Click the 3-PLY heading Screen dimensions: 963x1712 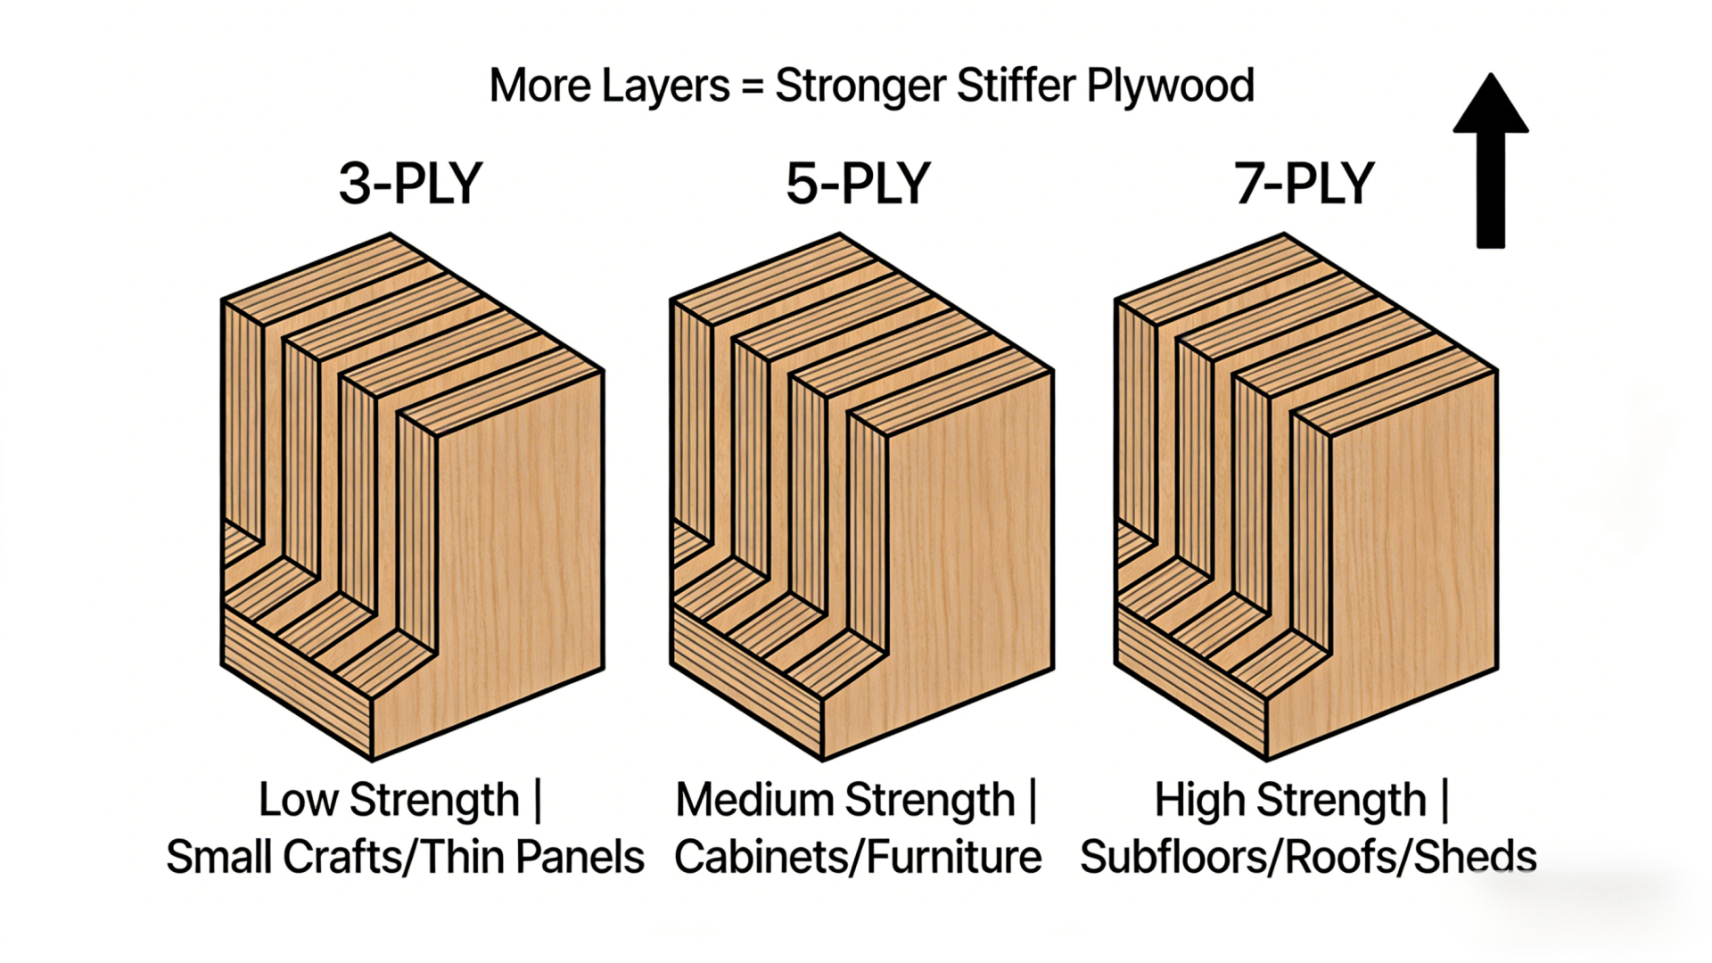[x=410, y=184]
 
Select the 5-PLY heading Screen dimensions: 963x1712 [x=858, y=184]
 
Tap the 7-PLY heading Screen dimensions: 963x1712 [x=1304, y=184]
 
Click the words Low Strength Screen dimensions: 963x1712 [x=389, y=800]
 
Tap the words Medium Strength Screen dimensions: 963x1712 [x=844, y=800]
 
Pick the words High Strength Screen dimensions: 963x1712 [x=1290, y=800]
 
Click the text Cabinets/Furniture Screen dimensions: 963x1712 [x=858, y=858]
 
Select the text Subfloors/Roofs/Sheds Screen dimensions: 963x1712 [x=1308, y=858]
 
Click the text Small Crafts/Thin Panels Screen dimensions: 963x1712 [x=405, y=858]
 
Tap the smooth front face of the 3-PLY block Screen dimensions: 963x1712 [x=517, y=553]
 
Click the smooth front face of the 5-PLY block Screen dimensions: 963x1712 [x=967, y=553]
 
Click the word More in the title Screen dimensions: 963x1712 [x=539, y=86]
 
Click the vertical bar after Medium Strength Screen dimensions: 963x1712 [x=1033, y=800]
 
